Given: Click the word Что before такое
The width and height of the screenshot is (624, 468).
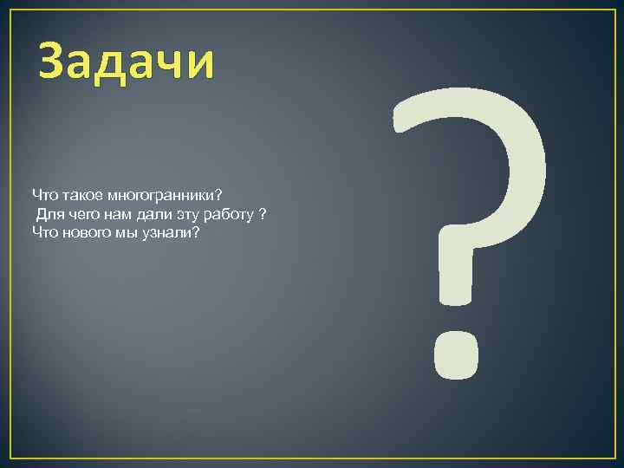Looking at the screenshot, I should (43, 192).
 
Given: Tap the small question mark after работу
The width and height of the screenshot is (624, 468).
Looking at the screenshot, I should (263, 212).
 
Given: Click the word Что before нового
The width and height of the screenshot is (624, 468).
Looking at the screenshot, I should (43, 232).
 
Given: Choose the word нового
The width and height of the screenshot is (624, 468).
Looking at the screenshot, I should (85, 233).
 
